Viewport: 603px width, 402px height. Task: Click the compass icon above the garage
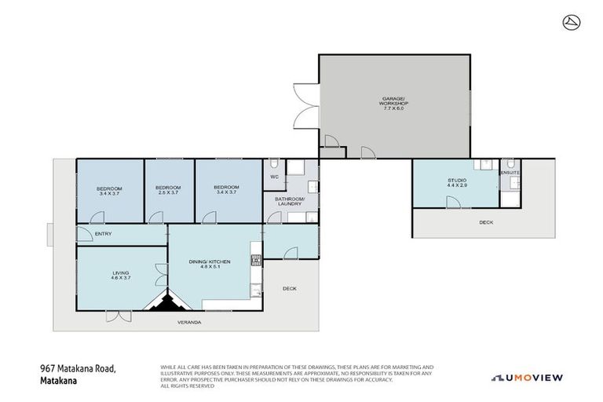point(571,22)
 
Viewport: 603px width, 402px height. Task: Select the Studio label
point(457,180)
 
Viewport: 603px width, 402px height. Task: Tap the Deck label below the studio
point(486,222)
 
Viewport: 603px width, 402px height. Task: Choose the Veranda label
point(189,322)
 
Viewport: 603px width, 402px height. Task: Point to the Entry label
point(104,234)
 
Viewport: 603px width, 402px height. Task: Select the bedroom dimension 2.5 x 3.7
point(168,193)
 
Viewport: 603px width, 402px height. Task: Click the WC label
point(275,177)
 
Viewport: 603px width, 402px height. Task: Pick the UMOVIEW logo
point(528,378)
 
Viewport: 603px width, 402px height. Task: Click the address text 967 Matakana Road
point(78,367)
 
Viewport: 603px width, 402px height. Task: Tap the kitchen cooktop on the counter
point(255,261)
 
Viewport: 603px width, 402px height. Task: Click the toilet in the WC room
point(272,165)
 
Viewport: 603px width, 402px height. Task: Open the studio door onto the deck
point(453,203)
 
